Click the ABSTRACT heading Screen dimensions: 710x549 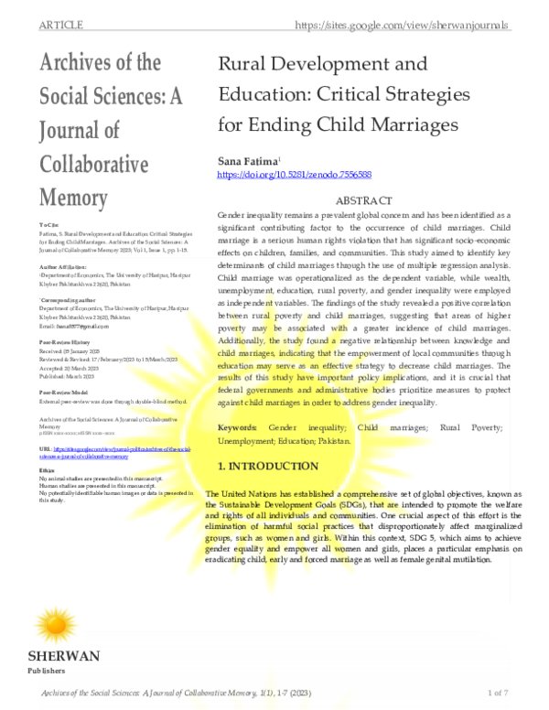(x=364, y=200)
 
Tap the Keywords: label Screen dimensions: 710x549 (x=242, y=427)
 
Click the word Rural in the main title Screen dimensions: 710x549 (x=246, y=65)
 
